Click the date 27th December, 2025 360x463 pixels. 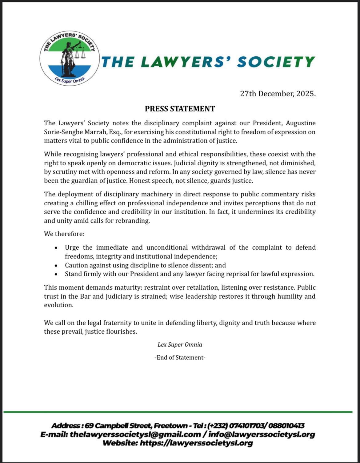click(x=278, y=94)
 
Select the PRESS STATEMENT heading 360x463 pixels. click(x=180, y=109)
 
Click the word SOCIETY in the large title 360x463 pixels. click(x=276, y=62)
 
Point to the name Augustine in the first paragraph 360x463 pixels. click(x=301, y=123)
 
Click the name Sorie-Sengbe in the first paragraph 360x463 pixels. click(x=63, y=132)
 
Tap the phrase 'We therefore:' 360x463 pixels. click(x=64, y=234)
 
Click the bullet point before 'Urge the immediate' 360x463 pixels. click(x=56, y=248)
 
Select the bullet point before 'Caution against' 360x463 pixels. click(x=56, y=265)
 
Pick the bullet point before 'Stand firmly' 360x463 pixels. click(x=56, y=274)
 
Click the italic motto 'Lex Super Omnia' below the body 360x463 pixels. click(x=180, y=344)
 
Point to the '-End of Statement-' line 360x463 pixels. click(x=180, y=357)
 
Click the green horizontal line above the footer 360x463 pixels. click(x=178, y=412)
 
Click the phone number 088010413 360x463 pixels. click(x=286, y=426)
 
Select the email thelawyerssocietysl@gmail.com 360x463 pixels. click(x=135, y=434)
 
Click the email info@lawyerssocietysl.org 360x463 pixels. click(x=262, y=434)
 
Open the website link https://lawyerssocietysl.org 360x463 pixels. click(x=196, y=443)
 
